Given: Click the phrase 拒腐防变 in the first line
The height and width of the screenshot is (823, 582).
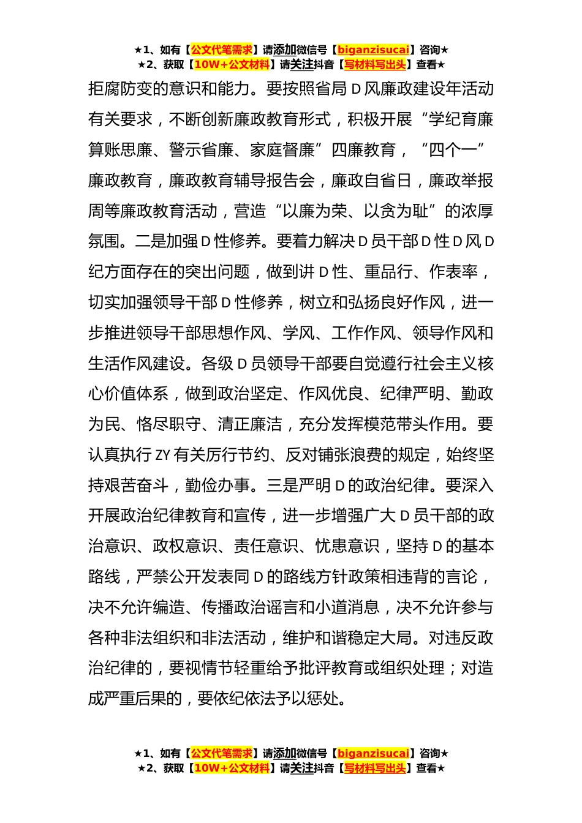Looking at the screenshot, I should [x=120, y=89].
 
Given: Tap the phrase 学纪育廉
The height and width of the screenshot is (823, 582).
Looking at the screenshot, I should [x=461, y=119].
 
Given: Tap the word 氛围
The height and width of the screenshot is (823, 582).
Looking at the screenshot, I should [x=104, y=241].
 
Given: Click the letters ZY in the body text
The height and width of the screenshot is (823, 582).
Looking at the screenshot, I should [x=162, y=455].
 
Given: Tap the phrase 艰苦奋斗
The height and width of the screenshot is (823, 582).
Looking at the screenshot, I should [x=137, y=486].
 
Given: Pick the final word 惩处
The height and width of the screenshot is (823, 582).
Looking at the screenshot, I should [x=331, y=699].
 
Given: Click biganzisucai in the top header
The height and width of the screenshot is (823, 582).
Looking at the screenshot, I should [x=373, y=50].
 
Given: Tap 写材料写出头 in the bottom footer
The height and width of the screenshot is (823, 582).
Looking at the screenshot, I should [x=375, y=768].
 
